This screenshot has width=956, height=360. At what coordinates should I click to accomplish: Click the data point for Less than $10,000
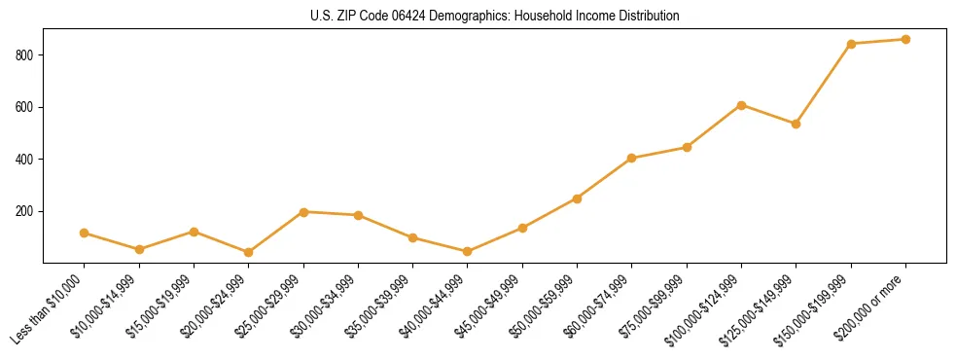coord(85,234)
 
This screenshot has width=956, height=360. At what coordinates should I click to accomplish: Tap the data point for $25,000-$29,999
coord(303,212)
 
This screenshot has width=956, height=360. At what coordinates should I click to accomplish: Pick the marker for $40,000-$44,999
coord(468,252)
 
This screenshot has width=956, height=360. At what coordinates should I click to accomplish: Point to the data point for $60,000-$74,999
coord(632,158)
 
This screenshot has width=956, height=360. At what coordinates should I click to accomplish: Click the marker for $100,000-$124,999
coord(741,105)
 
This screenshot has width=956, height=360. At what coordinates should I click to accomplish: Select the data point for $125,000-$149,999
coord(797,124)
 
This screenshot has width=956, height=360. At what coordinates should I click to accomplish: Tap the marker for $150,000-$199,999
coord(851,44)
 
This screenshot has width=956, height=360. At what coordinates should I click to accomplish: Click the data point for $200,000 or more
coord(905,40)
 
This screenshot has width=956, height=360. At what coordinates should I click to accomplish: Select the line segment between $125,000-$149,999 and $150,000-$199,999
coord(824,84)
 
